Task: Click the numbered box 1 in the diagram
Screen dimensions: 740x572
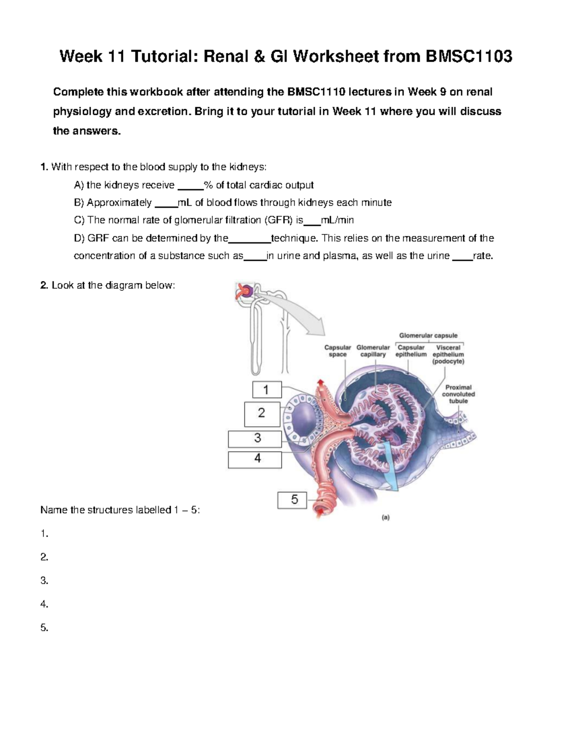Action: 266,390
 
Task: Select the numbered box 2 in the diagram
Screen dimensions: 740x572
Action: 262,414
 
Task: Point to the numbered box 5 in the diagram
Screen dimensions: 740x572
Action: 295,500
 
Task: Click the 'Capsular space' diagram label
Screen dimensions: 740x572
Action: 337,351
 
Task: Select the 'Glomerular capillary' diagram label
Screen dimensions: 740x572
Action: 373,351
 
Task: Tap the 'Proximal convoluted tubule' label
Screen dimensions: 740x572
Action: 458,394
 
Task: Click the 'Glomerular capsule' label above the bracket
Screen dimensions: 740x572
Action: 428,335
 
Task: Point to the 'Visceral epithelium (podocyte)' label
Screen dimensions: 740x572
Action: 448,355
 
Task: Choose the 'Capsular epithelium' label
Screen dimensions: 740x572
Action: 411,351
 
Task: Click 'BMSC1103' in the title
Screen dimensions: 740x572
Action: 469,57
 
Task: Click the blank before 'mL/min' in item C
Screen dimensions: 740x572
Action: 312,221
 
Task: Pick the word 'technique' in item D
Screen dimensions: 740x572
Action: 293,238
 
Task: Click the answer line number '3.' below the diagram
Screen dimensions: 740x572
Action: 44,580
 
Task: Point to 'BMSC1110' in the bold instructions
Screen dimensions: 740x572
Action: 317,91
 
